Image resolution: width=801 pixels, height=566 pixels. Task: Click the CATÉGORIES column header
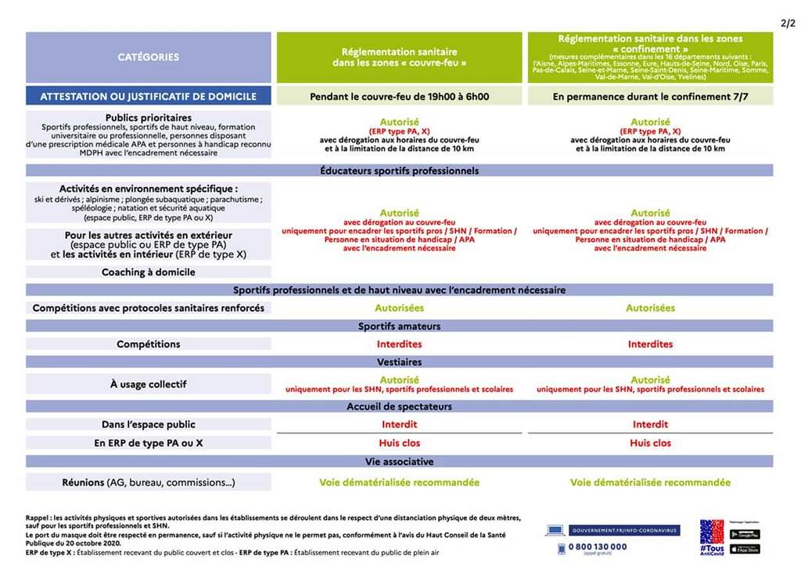click(x=149, y=57)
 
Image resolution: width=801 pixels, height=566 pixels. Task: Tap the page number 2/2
click(x=788, y=23)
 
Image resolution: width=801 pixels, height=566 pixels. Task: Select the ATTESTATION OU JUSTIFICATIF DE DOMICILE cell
click(x=149, y=96)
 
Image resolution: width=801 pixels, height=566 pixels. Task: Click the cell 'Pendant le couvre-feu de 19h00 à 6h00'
click(x=399, y=96)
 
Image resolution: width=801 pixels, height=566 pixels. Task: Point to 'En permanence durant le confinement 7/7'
click(x=650, y=96)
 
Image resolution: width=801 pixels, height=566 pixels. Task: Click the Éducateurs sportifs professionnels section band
click(x=399, y=171)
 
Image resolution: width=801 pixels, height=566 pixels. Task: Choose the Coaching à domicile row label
click(x=149, y=272)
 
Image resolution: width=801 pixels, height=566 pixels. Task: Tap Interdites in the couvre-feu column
click(x=399, y=344)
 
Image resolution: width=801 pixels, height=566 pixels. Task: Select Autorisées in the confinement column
click(x=650, y=308)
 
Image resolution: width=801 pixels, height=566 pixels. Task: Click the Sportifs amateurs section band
click(x=399, y=326)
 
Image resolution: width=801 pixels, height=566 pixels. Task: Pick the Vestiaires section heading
click(x=399, y=362)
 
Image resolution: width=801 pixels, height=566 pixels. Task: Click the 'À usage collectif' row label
click(x=149, y=384)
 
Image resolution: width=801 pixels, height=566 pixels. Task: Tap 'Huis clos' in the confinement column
click(x=650, y=443)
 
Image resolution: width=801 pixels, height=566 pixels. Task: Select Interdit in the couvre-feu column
click(x=399, y=424)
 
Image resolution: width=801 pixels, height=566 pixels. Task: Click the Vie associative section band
click(x=399, y=462)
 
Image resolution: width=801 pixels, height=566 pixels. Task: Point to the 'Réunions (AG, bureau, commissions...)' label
click(x=149, y=482)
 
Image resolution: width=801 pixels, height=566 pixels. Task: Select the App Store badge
click(x=745, y=549)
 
